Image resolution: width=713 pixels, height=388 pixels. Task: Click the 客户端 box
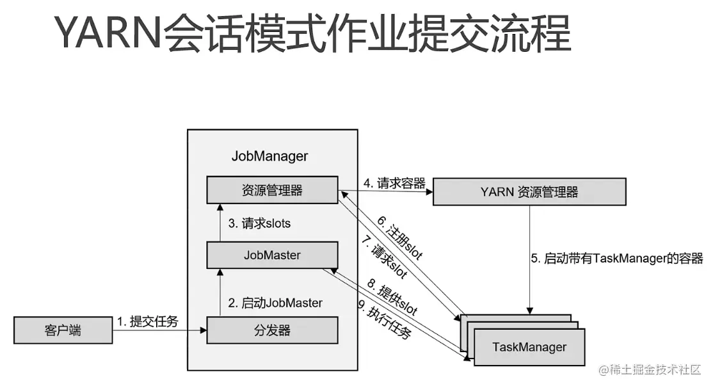pos(63,331)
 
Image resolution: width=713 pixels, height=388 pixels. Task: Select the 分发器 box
pos(272,331)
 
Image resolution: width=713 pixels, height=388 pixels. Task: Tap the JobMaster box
pos(272,255)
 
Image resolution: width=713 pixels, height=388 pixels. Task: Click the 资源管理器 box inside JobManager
pos(272,190)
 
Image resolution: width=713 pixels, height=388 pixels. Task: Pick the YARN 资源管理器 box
pos(529,191)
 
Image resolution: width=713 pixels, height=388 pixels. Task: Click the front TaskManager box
pos(529,347)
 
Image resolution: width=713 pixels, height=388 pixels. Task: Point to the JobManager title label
pos(269,156)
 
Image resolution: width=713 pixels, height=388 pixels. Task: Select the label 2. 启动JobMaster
pos(275,302)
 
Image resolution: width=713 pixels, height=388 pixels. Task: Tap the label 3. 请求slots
pos(259,223)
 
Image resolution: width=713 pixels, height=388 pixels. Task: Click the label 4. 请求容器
pos(394,184)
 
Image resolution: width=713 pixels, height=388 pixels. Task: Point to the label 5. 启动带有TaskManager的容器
pos(617,259)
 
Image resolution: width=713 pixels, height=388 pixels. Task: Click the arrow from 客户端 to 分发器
pos(160,331)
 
